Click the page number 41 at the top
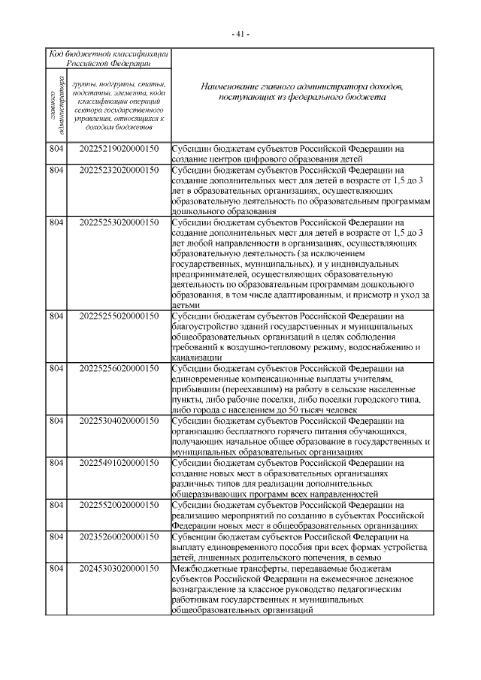[x=240, y=34]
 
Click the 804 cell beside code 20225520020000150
[x=55, y=506]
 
